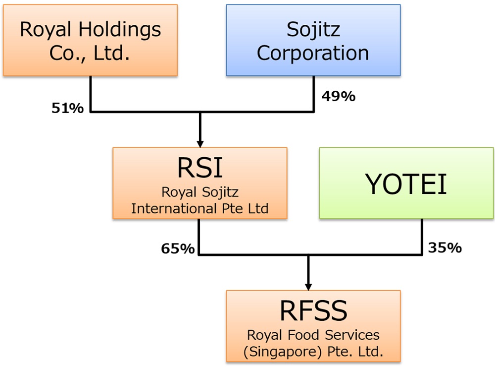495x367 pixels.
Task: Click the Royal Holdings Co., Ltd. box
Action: [90, 40]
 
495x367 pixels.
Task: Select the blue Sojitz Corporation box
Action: [313, 40]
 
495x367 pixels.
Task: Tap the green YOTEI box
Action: [406, 183]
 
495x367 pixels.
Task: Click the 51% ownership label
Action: [68, 108]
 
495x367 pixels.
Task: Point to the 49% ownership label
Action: [339, 96]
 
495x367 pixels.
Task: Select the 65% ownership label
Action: [178, 248]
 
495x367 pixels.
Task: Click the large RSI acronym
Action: [199, 168]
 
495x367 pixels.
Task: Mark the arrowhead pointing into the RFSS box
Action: [308, 286]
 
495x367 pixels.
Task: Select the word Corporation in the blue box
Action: [313, 53]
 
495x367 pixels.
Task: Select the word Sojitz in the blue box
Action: [313, 30]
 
